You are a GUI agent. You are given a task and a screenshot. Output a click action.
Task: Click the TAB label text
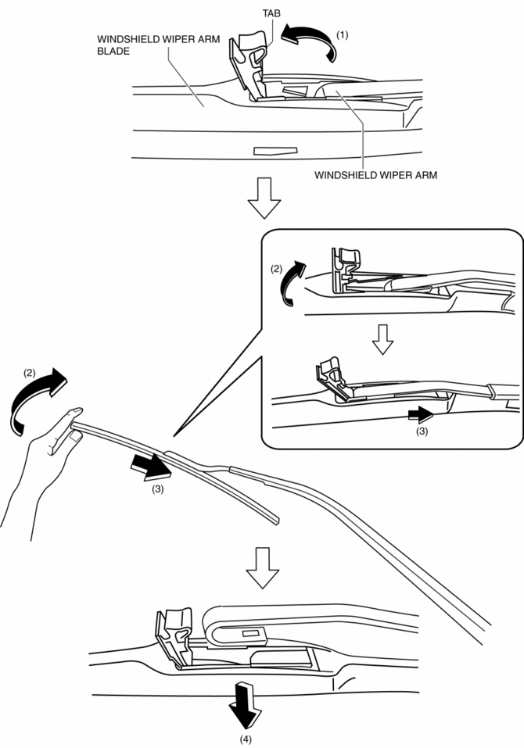tap(271, 13)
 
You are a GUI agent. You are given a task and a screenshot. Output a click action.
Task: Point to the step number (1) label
tap(341, 35)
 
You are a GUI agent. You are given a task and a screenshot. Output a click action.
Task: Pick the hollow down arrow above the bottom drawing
tap(262, 567)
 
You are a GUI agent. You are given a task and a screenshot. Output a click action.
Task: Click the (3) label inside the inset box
tap(422, 431)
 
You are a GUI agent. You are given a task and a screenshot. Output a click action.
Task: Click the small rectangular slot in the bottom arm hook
tap(251, 632)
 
